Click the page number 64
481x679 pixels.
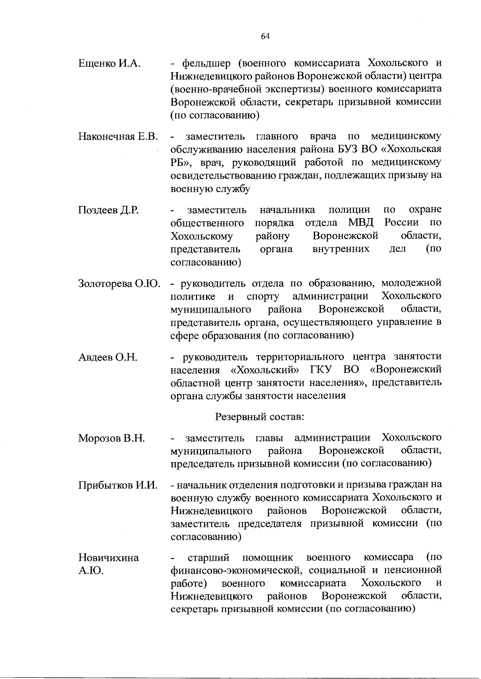click(x=265, y=36)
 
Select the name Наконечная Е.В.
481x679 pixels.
click(x=117, y=137)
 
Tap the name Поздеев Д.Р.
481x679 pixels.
click(x=108, y=210)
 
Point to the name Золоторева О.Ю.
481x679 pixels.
click(x=119, y=284)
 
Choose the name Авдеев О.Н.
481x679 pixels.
click(x=107, y=357)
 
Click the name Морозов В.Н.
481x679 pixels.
click(x=111, y=438)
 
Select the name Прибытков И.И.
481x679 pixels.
click(x=117, y=485)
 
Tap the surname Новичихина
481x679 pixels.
click(x=108, y=558)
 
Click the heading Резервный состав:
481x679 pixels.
click(x=260, y=417)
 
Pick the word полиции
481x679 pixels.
click(x=348, y=210)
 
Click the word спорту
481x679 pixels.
click(x=263, y=297)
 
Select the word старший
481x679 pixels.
click(x=208, y=558)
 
